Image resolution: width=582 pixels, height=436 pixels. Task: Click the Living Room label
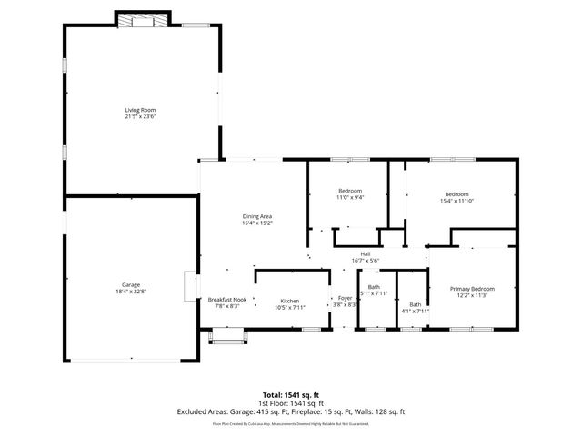click(x=140, y=111)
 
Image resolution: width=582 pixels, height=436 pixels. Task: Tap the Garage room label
click(x=131, y=284)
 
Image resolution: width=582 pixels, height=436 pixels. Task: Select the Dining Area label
click(x=257, y=216)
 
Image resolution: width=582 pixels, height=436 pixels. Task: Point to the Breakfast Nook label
click(x=227, y=300)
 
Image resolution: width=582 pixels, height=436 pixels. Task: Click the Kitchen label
click(x=290, y=300)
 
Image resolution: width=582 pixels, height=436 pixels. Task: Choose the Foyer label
click(x=346, y=298)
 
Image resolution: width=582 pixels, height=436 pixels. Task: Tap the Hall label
click(x=365, y=253)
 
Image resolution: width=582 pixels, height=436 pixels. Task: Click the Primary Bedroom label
click(x=471, y=289)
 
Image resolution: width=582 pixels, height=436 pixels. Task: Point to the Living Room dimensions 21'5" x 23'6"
click(x=140, y=117)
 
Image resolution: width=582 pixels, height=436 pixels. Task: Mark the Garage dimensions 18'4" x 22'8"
click(x=131, y=291)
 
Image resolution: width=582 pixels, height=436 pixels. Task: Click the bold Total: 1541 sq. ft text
click(x=291, y=396)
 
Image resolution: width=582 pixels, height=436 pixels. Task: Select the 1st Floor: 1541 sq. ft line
click(x=291, y=403)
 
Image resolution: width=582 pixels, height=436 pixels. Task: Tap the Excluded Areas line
click(x=291, y=411)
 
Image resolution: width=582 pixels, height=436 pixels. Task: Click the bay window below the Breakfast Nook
click(x=226, y=338)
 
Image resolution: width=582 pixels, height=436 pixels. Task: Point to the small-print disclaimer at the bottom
click(x=291, y=423)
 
